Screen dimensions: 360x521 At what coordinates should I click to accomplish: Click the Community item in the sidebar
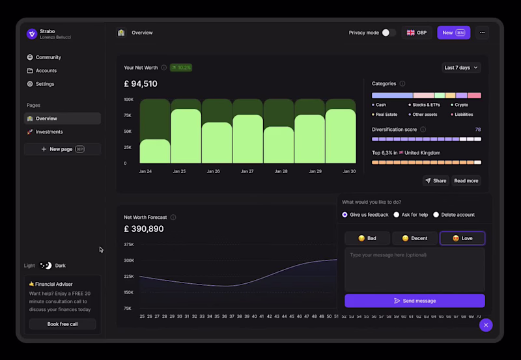48,57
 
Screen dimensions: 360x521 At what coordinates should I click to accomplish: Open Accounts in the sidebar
46,70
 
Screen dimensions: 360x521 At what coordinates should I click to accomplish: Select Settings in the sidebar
45,84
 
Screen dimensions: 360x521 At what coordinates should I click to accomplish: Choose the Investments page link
49,132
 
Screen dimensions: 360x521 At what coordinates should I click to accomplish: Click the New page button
63,149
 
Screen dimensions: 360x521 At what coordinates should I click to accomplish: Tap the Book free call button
63,324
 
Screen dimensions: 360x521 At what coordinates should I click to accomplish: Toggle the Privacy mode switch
388,33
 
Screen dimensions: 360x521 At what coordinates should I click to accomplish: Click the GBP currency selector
417,33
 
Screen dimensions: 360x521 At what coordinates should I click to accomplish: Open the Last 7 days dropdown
461,68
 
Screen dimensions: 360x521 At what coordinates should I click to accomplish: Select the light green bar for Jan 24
155,152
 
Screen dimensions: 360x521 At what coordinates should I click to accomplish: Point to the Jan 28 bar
279,145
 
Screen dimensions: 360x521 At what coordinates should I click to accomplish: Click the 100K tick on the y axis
128,100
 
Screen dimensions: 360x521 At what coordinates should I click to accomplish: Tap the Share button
436,181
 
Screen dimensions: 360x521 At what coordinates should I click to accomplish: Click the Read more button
466,181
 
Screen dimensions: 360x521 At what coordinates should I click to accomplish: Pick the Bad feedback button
367,238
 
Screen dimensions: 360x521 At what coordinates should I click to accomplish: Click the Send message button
415,301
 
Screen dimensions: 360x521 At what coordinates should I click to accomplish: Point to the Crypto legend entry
460,105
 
